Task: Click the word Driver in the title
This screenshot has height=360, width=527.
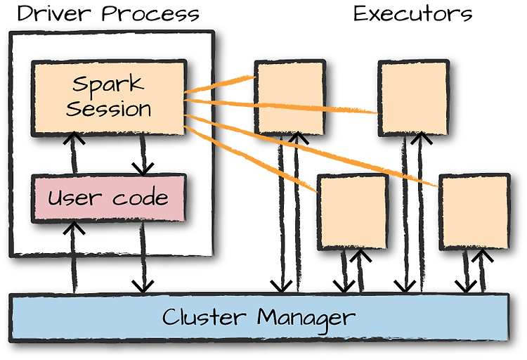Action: click(x=54, y=14)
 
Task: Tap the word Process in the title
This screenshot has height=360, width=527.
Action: click(x=150, y=14)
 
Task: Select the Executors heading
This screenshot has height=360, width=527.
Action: click(x=412, y=14)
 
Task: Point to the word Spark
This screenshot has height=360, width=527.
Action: click(x=108, y=84)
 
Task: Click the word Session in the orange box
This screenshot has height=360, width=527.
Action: click(x=108, y=109)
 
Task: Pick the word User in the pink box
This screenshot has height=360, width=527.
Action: click(x=74, y=198)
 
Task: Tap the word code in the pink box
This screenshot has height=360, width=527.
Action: click(x=140, y=197)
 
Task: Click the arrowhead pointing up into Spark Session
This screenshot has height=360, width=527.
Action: click(x=74, y=137)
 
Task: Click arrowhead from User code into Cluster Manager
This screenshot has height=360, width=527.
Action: click(x=143, y=287)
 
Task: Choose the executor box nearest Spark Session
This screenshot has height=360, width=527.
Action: click(x=290, y=98)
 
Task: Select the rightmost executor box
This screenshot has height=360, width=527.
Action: click(x=475, y=212)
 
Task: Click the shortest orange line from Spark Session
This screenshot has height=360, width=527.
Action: click(x=220, y=84)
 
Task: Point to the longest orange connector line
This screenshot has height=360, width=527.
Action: click(x=311, y=150)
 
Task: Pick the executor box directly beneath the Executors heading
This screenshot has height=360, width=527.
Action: click(x=414, y=98)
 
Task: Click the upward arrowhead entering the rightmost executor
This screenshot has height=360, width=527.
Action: click(x=482, y=256)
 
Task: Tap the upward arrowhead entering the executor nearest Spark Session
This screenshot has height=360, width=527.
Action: click(x=297, y=138)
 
